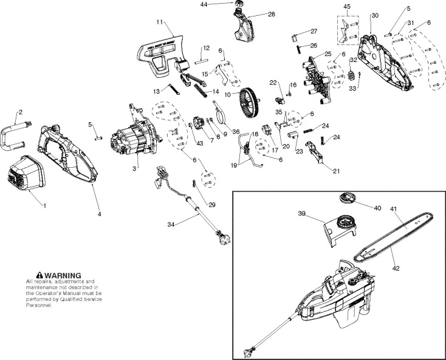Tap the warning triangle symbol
pos(39,275)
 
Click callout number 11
pos(160,22)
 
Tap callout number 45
pos(347,7)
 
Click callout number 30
pos(374,15)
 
